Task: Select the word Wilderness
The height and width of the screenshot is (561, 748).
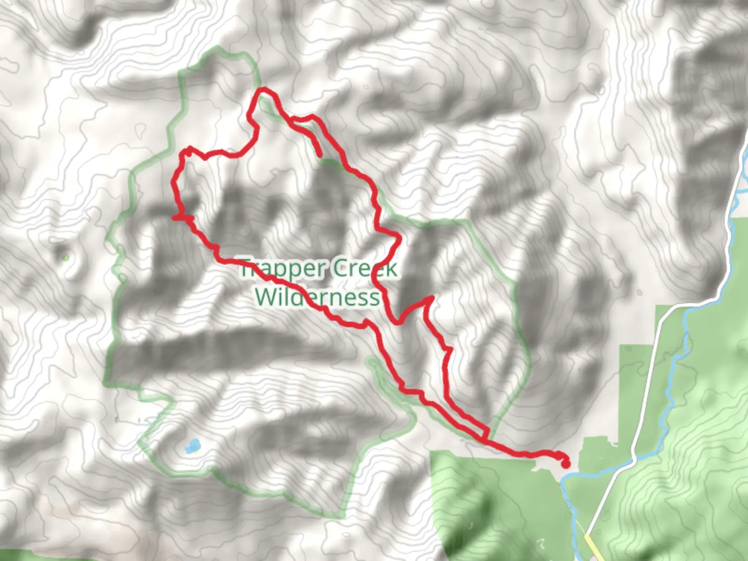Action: [317, 298]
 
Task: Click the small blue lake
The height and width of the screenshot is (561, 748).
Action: [192, 446]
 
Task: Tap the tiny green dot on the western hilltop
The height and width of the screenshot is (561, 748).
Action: [65, 258]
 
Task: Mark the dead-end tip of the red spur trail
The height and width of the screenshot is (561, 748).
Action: [319, 154]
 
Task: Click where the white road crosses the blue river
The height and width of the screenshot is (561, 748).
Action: [634, 459]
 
